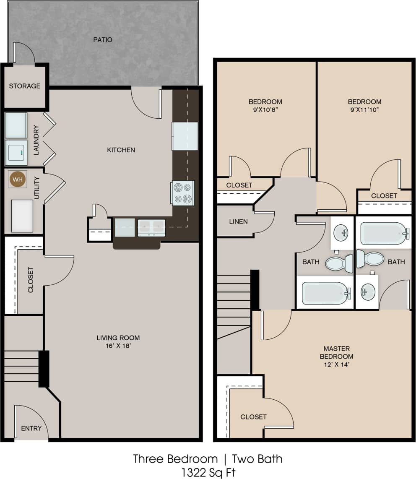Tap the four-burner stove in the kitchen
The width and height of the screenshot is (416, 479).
coord(183,193)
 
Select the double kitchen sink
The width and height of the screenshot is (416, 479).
coord(151,228)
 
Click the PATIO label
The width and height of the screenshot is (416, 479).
coord(103,40)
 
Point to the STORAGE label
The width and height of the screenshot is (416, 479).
coord(25,86)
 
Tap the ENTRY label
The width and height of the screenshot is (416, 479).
coord(31,428)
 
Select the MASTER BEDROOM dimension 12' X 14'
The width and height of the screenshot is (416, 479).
coord(336,364)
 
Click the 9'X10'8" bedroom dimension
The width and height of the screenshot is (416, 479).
coord(265,110)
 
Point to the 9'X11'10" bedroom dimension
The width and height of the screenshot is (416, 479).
coord(364,110)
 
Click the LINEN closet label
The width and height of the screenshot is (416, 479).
coord(239,221)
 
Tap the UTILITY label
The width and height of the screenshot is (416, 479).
coord(36,188)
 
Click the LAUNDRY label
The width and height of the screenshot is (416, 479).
coord(36,140)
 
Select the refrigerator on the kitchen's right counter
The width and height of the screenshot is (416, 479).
coord(185,136)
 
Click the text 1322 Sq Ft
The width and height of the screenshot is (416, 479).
coord(208,473)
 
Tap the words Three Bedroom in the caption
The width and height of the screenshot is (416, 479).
coord(175,459)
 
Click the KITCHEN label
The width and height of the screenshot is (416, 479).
coord(121,150)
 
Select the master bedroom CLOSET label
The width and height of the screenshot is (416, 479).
coord(253,417)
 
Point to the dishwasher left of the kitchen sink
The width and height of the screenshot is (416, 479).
coord(125,227)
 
